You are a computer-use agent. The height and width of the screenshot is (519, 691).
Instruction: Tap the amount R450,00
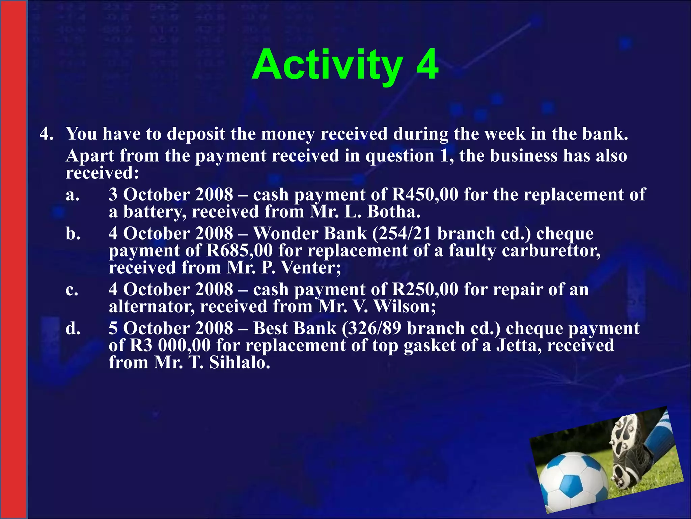(425, 195)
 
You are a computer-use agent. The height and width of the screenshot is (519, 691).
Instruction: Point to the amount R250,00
(425, 290)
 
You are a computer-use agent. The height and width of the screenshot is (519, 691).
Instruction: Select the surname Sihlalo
(239, 363)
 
